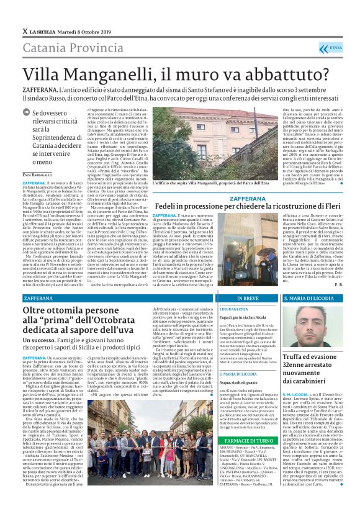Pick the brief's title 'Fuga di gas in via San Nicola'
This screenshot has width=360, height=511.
coord(241,317)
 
